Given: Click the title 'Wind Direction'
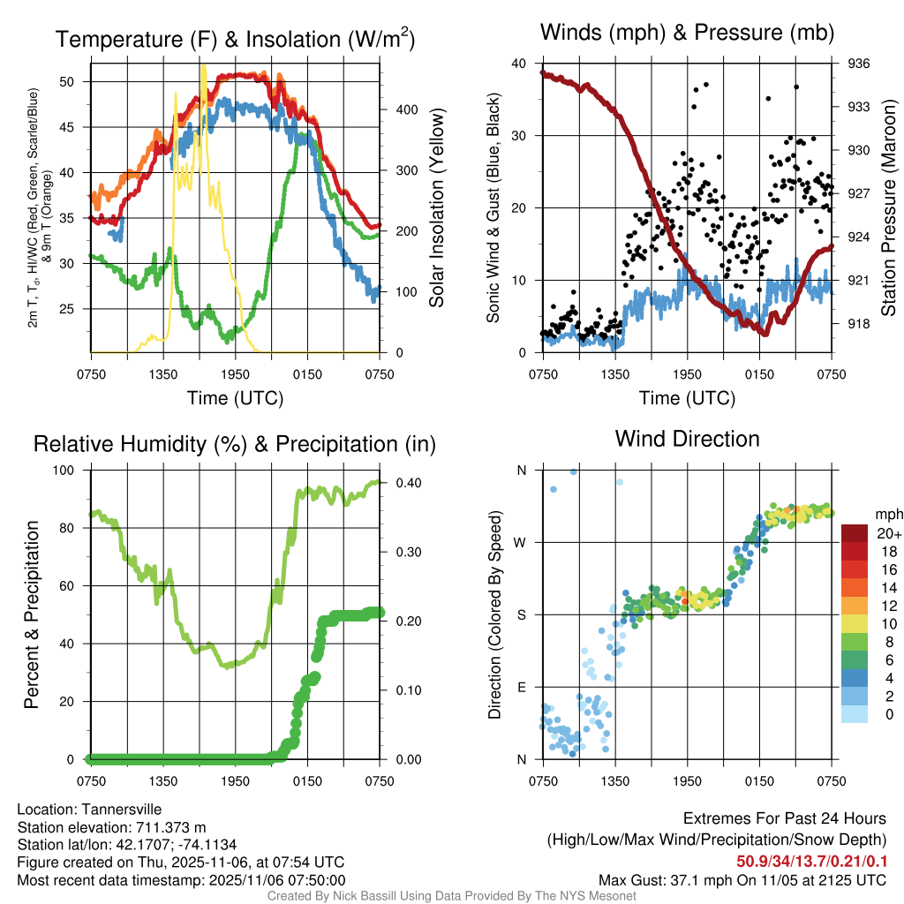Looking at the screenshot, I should (687, 439).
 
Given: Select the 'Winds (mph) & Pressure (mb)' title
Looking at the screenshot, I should (687, 34).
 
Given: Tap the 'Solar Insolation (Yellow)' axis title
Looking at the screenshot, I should (436, 208).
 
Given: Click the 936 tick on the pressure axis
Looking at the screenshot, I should (859, 64).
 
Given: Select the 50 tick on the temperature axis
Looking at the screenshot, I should (79, 81).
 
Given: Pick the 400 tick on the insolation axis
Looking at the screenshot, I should (394, 109).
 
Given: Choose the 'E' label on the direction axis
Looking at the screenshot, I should (520, 687).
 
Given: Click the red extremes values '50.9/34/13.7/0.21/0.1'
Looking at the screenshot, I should (812, 861).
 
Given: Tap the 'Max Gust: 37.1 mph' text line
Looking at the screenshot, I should (742, 879).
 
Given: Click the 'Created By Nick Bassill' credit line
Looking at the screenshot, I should (451, 896).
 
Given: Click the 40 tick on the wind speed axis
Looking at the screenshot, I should (519, 64).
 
